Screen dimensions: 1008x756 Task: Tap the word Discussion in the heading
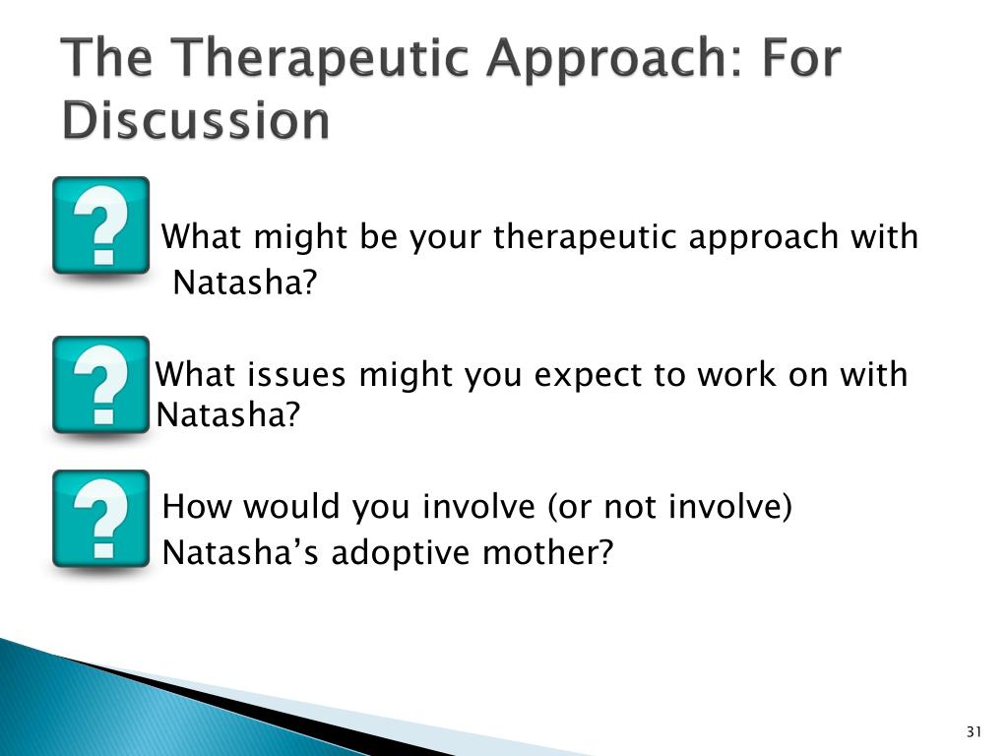point(196,120)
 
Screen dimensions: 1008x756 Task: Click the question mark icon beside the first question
point(101,225)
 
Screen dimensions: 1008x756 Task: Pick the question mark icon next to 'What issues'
point(101,385)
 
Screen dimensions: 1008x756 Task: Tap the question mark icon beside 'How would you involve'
point(101,519)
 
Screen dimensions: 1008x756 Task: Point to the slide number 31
point(974,731)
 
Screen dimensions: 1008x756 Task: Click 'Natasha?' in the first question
point(245,282)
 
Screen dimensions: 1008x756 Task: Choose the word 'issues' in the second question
point(296,374)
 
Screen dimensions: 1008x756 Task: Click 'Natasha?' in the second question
point(228,414)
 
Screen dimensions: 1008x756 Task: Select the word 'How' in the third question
point(197,506)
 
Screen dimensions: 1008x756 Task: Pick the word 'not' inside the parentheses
point(629,507)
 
